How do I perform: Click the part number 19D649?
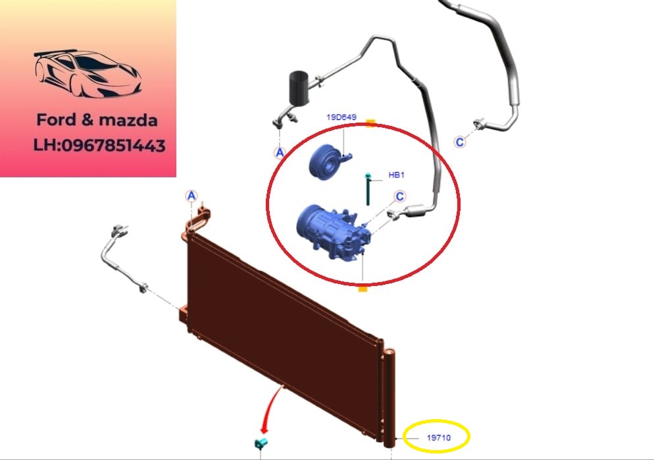pos(341,117)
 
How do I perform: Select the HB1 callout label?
pos(396,175)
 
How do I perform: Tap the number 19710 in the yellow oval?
pos(438,438)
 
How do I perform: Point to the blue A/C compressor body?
pos(333,233)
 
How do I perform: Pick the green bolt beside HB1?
pos(368,189)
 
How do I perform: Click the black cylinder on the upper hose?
pos(299,87)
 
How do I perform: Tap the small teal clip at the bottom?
pos(261,443)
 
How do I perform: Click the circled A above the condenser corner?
pos(191,196)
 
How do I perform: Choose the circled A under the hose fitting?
pos(280,152)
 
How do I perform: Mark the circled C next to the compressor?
pos(399,196)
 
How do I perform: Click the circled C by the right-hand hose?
pos(460,142)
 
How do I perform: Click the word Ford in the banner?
pos(57,120)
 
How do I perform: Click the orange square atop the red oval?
pos(370,123)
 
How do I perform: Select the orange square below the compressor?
pos(363,288)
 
